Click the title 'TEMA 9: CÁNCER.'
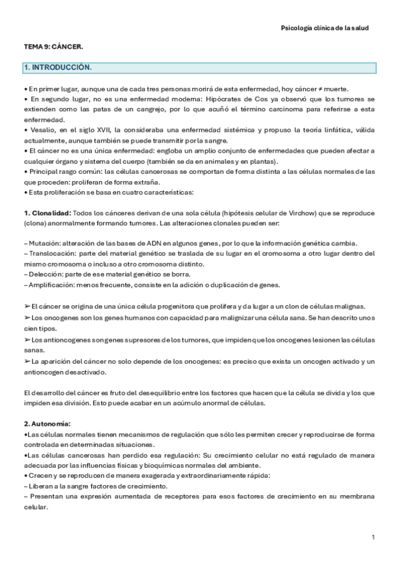53,48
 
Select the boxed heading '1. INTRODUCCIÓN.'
58,68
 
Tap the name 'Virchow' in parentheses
283,213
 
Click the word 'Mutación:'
43,243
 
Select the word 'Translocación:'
49,253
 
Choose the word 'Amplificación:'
51,284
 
